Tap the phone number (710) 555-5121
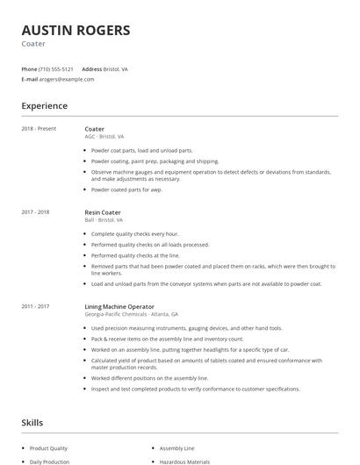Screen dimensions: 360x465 click(57, 68)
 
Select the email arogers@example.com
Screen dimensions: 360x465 click(67, 79)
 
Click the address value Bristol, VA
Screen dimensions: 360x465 click(116, 68)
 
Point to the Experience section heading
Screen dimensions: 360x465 click(45, 106)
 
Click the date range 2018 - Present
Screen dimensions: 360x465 click(39, 129)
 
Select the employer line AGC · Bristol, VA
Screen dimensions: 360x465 click(104, 137)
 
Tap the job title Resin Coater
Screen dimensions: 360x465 click(103, 212)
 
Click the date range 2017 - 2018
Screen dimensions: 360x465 click(35, 212)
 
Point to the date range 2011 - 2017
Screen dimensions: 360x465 click(35, 306)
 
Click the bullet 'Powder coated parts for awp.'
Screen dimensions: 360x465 click(126, 190)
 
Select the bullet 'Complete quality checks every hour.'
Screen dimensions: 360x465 click(134, 234)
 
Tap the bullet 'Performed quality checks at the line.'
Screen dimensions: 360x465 click(135, 255)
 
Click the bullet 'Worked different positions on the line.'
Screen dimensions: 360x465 click(138, 378)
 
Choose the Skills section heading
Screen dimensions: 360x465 click(32, 423)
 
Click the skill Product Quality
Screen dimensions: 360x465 click(49, 447)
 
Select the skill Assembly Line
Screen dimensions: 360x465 click(178, 447)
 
